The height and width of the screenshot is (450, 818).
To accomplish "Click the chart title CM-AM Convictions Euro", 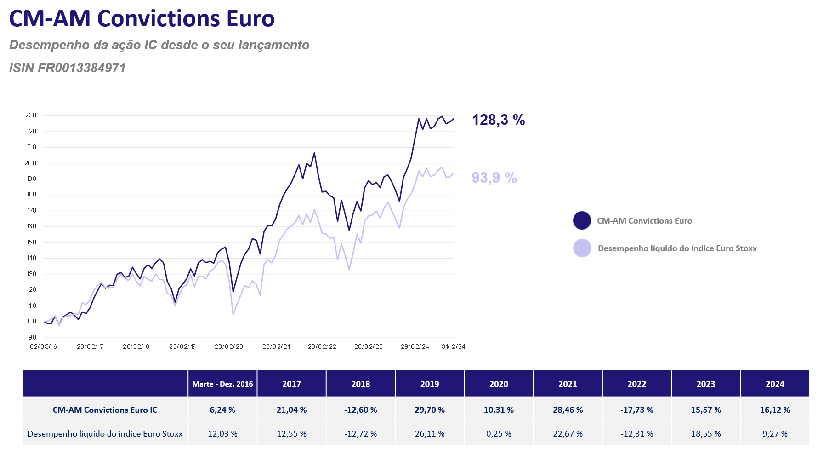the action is pos(142,19).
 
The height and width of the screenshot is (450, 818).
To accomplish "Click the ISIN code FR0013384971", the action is pos(81,68).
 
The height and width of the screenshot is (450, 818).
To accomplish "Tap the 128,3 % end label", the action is pos(499,120).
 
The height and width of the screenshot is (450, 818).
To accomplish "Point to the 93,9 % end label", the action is pos(494,178).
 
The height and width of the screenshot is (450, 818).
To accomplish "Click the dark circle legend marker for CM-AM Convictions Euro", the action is pos(582,220).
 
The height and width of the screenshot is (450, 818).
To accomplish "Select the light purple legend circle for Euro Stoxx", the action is pos(582,248).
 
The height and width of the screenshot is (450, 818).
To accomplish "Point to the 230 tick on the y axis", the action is pos(31,115).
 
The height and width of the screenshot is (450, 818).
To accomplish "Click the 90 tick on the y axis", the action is pos(32,337).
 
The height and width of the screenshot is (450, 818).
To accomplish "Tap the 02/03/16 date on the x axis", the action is pos(43,346).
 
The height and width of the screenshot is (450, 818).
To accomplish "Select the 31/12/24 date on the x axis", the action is pos(454,346).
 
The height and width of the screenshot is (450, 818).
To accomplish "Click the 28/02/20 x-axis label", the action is pos(229,346).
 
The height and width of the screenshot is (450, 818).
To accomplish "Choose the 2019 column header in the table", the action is pos(430,384).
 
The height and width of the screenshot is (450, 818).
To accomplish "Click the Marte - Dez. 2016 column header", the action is pos(222,384).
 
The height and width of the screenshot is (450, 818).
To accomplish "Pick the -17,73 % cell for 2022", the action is pos(637,410).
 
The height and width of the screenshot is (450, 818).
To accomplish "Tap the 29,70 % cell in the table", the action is pos(430,410).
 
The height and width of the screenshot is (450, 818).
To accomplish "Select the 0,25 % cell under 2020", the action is pos(499,434).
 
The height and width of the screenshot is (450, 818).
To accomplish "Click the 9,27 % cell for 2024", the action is pos(775,434).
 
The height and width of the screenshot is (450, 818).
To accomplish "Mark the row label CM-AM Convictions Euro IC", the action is pos(105,410).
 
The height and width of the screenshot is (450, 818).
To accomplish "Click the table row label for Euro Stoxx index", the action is pos(105,434).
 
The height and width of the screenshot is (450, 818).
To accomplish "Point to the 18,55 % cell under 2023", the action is pos(706,434).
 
